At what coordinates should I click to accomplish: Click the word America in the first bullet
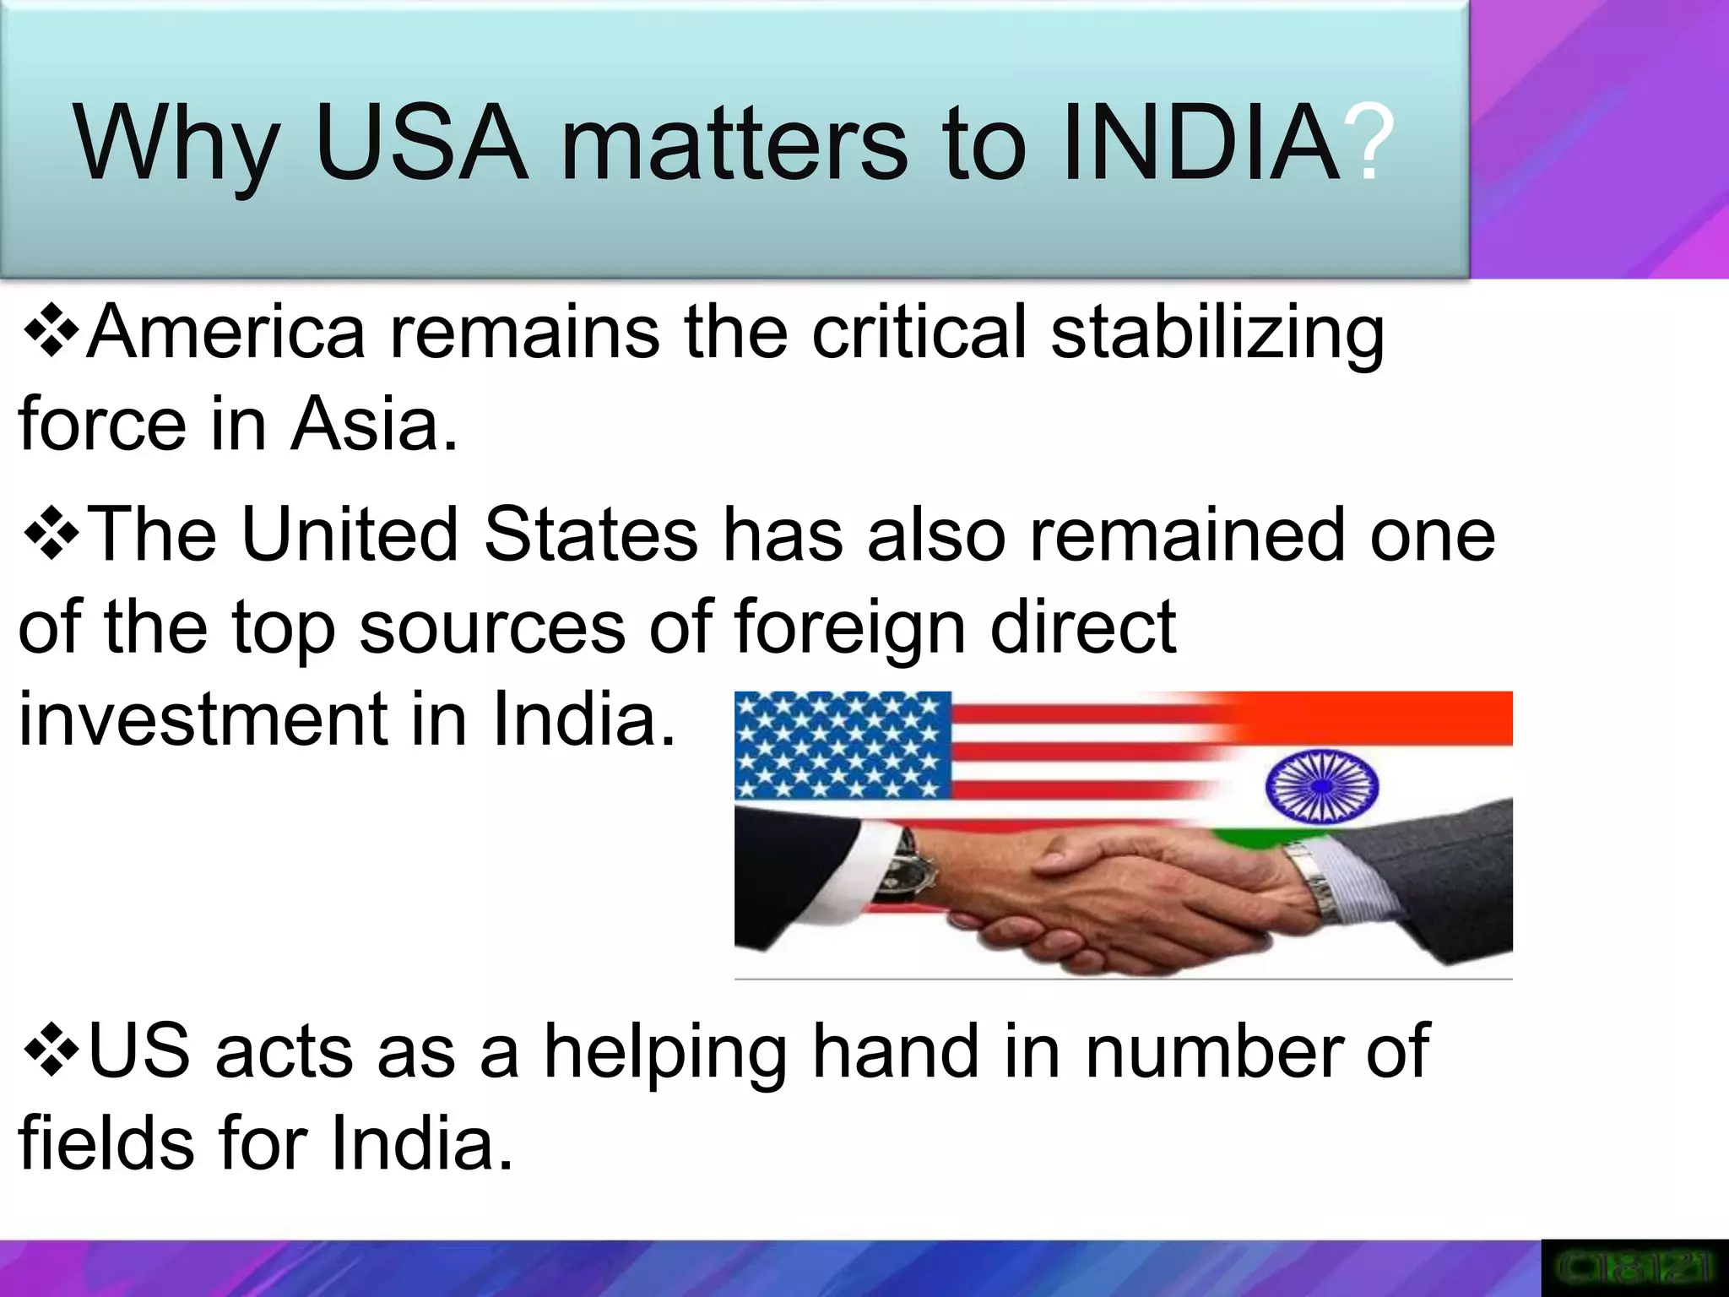(x=226, y=332)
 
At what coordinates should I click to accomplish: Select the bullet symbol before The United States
(x=51, y=535)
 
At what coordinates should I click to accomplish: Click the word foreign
(x=848, y=629)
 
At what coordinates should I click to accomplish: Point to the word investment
(x=203, y=719)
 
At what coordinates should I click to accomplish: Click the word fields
(x=106, y=1144)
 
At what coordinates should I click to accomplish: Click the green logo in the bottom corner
(x=1634, y=1267)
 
